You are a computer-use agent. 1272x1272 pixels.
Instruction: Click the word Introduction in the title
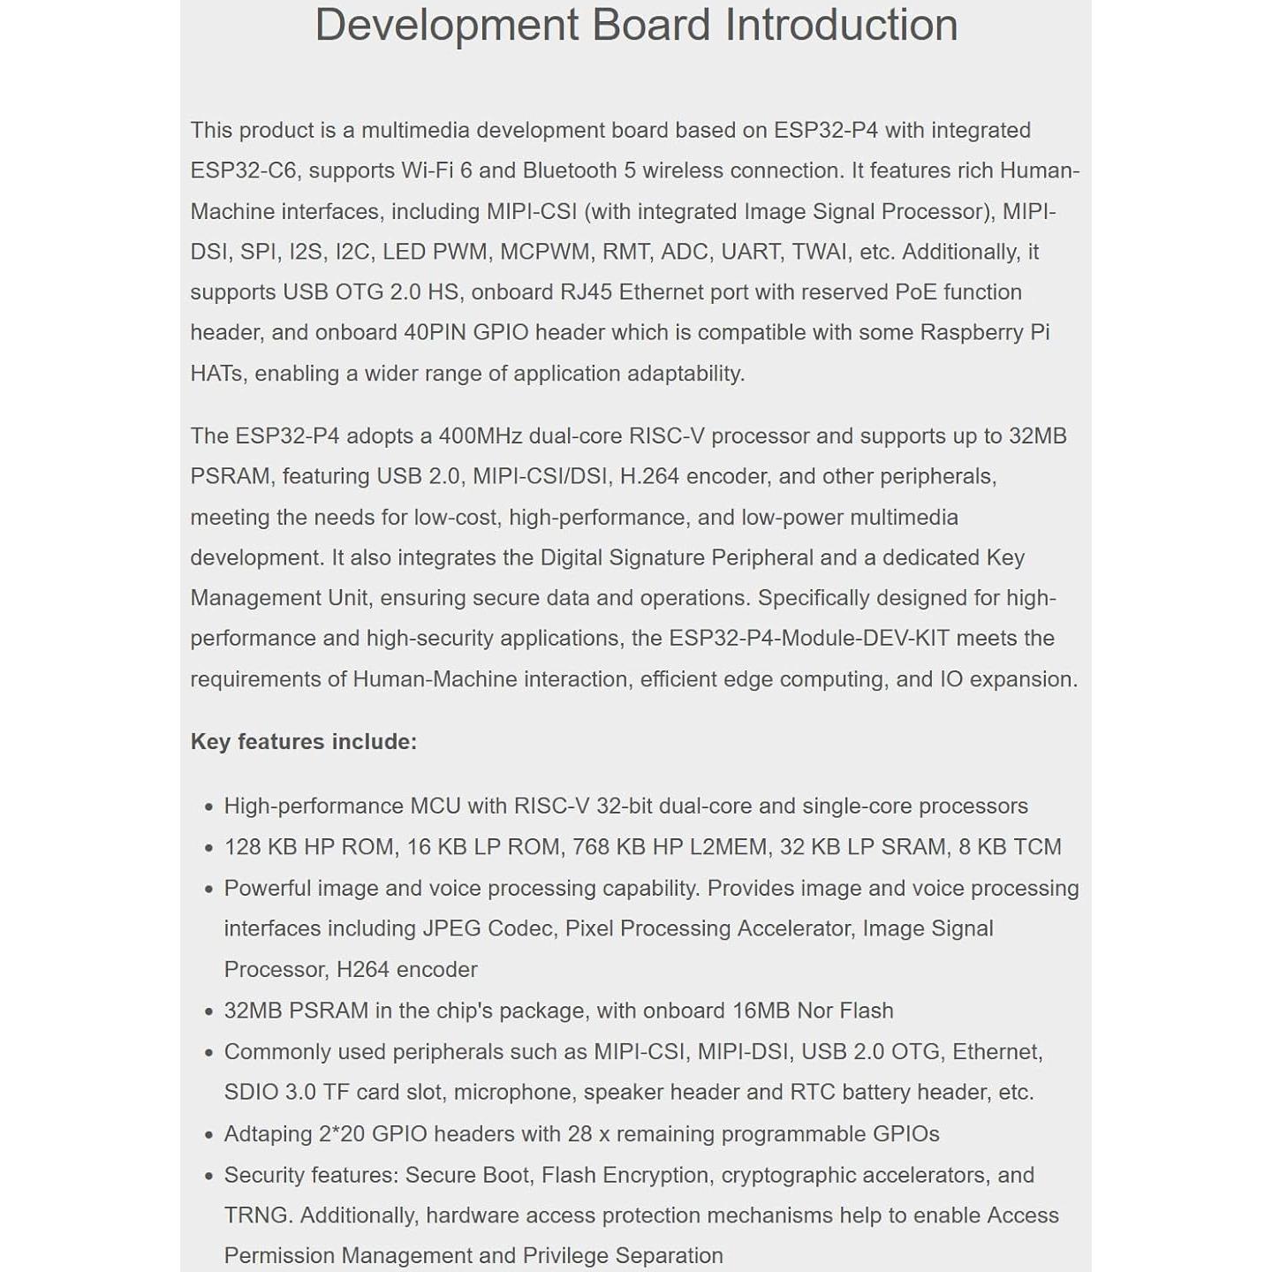point(841,25)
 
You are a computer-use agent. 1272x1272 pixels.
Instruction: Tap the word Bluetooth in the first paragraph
point(570,170)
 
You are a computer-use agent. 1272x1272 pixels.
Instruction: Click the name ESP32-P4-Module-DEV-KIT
point(809,639)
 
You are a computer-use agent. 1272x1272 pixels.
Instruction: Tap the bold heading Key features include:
point(303,742)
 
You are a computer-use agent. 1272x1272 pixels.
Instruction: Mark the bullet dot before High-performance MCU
point(208,807)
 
